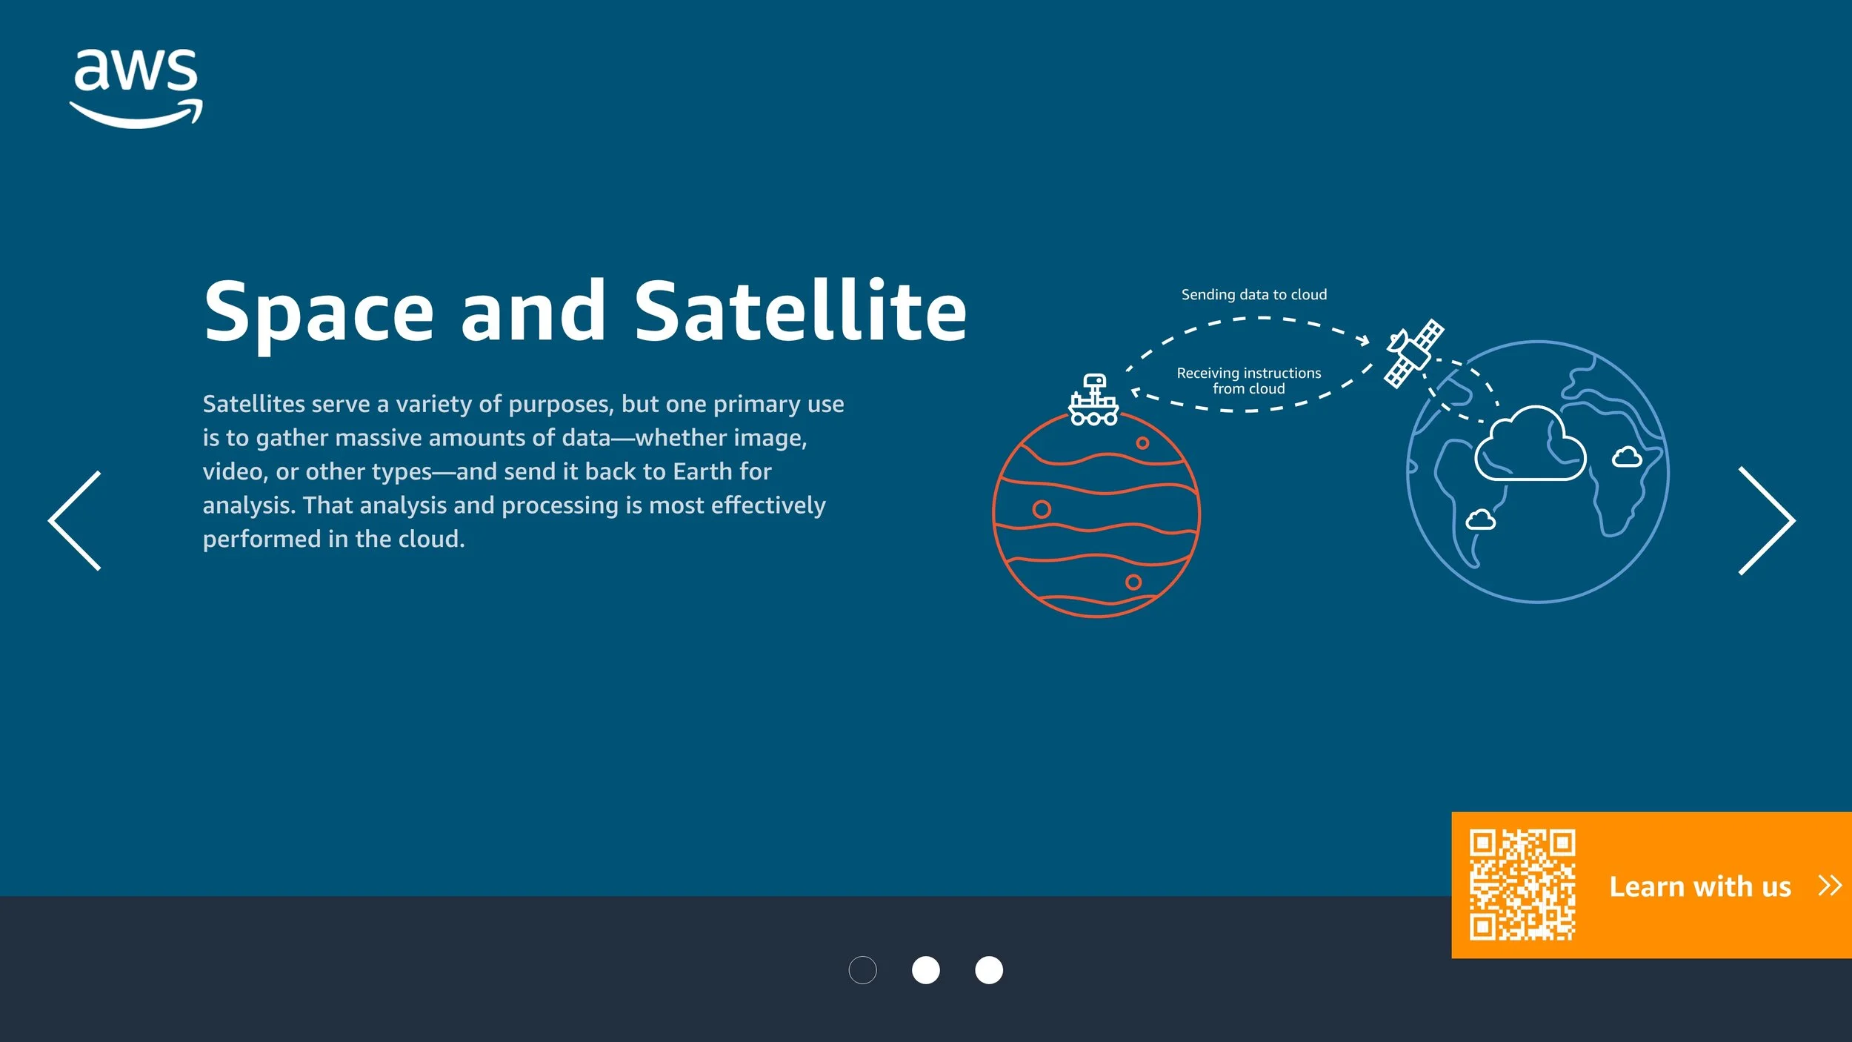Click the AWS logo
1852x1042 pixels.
(136, 87)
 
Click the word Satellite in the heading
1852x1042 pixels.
(800, 311)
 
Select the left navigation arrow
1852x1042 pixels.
(75, 520)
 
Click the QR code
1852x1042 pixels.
(1522, 885)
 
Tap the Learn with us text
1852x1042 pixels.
(1700, 886)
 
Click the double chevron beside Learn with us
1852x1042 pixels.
(1829, 886)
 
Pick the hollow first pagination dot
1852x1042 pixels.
(862, 970)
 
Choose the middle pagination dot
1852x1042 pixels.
(925, 970)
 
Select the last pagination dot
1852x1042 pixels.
(989, 970)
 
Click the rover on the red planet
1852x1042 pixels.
(1093, 400)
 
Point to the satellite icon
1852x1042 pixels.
(1413, 354)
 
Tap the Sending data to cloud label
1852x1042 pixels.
(1253, 295)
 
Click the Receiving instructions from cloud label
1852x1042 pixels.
(1249, 381)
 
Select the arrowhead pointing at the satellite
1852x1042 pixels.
(1365, 340)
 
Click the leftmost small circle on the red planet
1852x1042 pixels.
(1042, 509)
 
